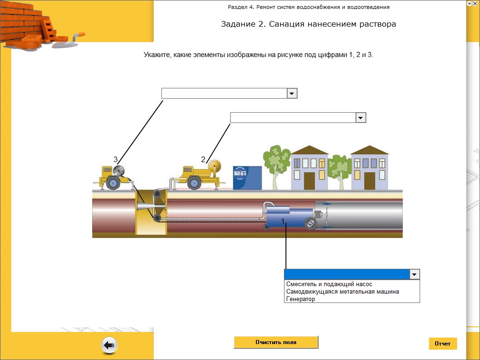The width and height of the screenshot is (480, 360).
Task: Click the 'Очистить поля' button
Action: tap(276, 342)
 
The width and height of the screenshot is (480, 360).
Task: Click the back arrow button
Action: tap(109, 346)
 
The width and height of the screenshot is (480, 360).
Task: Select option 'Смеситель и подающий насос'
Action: tap(329, 284)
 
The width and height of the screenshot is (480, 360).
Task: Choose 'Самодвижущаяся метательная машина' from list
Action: tap(342, 291)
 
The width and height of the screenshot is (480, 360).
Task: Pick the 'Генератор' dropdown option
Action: tap(300, 299)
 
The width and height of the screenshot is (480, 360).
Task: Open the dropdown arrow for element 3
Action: tap(292, 94)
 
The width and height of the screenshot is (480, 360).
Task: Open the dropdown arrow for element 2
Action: tap(360, 118)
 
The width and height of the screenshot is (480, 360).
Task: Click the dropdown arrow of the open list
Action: tap(415, 274)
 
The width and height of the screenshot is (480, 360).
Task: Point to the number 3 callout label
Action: tap(116, 159)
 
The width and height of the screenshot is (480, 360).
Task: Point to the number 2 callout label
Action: tap(203, 159)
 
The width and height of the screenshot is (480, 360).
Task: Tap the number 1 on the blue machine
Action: tap(283, 220)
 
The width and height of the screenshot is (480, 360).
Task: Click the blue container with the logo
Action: tap(247, 178)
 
